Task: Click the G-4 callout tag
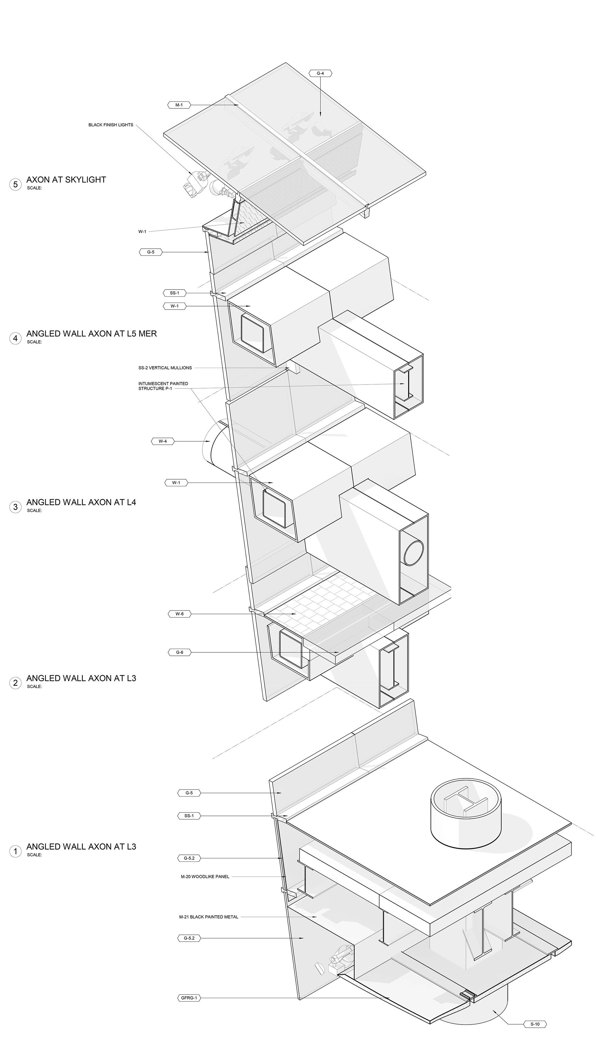click(320, 74)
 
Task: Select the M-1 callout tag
click(179, 105)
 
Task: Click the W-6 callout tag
click(179, 614)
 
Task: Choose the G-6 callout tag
click(179, 652)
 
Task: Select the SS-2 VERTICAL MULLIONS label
click(165, 368)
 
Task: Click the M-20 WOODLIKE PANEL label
click(205, 876)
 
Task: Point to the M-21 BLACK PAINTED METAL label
click(209, 917)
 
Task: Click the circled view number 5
click(16, 184)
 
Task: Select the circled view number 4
click(16, 338)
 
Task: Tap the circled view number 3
click(16, 507)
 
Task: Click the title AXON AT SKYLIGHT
click(66, 180)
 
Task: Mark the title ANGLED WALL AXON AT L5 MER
click(91, 334)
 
